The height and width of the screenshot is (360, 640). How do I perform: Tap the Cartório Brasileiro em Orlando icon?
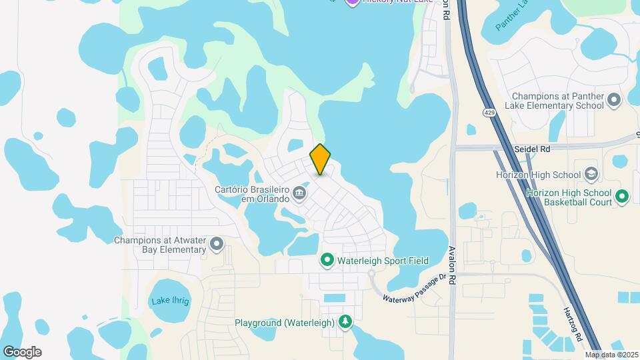pos(299,194)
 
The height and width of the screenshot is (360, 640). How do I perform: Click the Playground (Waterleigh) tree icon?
pos(345,323)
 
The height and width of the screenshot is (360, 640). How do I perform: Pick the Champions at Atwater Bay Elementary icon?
pos(217,245)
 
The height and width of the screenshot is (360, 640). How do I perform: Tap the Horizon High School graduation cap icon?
pos(591,175)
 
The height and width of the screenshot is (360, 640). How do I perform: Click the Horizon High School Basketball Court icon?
pos(621,196)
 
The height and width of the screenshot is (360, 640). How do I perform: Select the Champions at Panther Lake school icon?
pos(615,101)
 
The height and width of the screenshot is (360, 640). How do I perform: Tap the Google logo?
pos(22,352)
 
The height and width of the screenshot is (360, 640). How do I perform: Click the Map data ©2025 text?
pos(612,355)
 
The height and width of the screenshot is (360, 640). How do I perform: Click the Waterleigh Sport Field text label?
pos(383,261)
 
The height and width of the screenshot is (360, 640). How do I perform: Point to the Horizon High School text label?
pos(539,175)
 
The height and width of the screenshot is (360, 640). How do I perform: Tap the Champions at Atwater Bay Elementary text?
pos(160,245)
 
